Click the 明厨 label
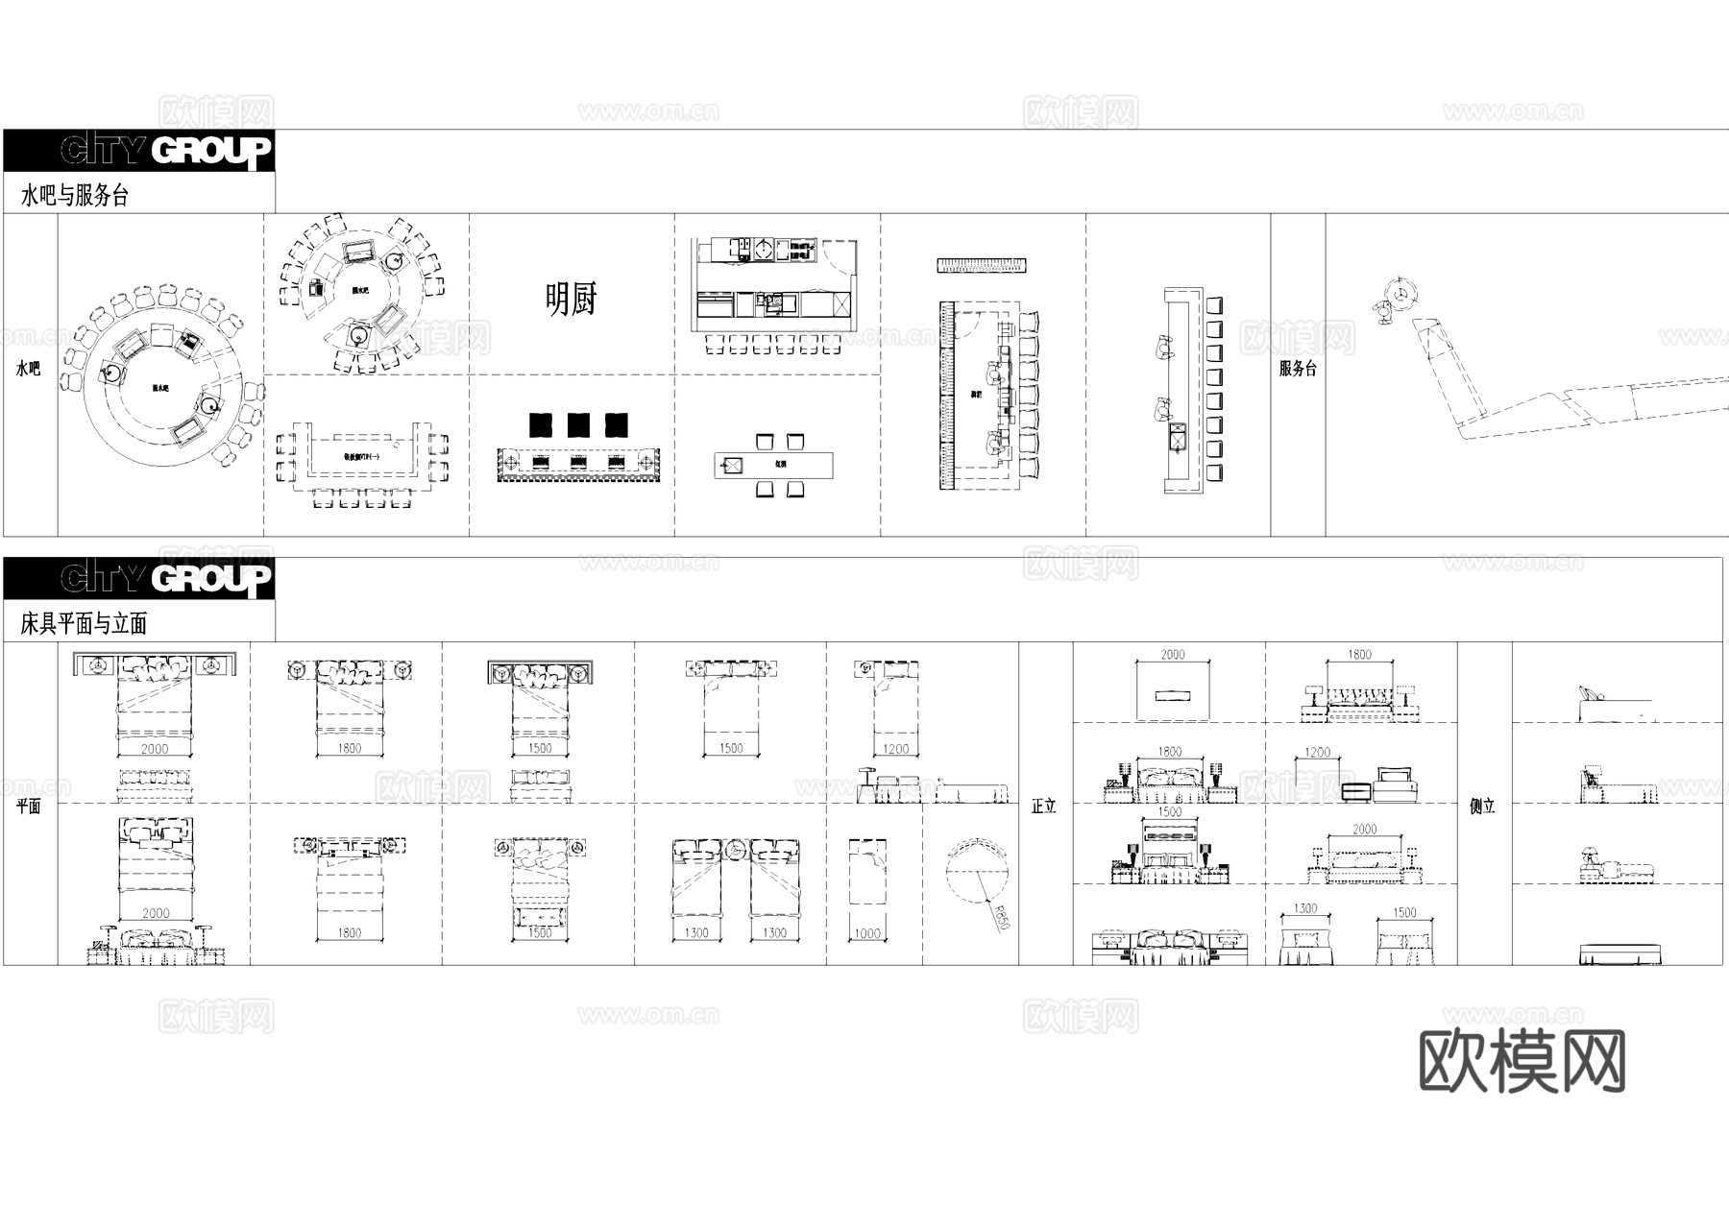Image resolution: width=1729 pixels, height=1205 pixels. click(571, 300)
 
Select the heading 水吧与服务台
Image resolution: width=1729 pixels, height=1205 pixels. click(75, 196)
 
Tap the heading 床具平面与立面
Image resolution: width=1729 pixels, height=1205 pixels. click(84, 624)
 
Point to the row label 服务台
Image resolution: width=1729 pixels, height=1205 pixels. click(1298, 369)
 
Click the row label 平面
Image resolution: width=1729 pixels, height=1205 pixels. click(29, 807)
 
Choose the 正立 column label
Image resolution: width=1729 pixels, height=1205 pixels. click(1044, 807)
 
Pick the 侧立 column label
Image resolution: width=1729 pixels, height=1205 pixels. click(1483, 807)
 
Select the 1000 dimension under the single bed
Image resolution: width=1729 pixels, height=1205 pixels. click(867, 933)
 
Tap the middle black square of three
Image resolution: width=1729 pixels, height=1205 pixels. click(578, 424)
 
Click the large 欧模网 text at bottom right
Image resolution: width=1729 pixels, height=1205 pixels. click(1522, 1061)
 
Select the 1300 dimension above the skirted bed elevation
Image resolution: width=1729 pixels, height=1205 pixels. click(1305, 908)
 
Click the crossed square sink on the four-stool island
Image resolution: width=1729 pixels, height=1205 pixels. click(732, 467)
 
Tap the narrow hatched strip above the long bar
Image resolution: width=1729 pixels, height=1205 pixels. click(982, 265)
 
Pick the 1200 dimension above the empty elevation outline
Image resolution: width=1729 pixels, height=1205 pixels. click(1318, 753)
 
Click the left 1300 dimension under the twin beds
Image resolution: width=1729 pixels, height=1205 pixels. click(696, 933)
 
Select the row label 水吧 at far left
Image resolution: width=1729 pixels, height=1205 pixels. click(29, 369)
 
